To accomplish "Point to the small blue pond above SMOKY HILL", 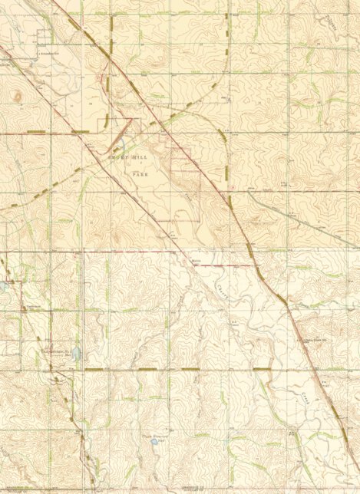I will point(119,143).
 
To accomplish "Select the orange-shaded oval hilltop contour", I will point(17,97).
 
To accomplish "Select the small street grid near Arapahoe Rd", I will point(45,38).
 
